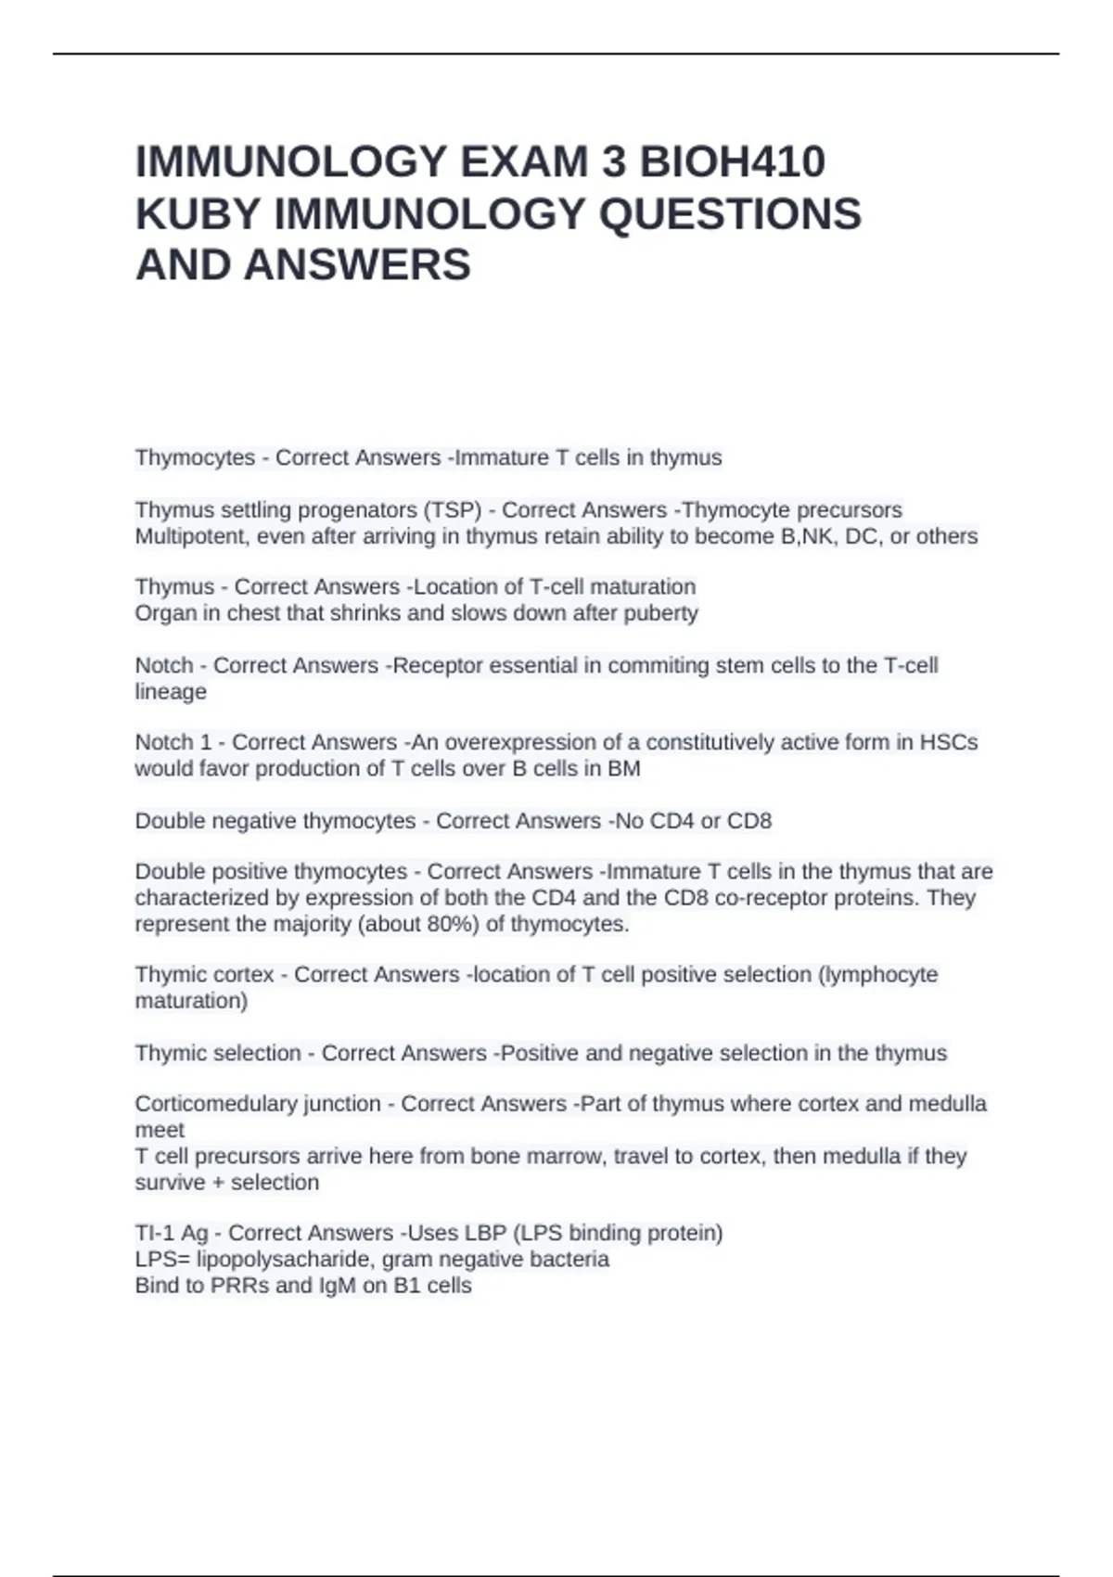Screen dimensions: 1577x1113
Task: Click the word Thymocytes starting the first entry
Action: pyautogui.click(x=195, y=457)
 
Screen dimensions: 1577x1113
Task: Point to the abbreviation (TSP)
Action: pyautogui.click(x=453, y=510)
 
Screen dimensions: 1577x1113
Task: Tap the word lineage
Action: pyautogui.click(x=171, y=692)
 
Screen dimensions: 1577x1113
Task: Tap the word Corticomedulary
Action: pyautogui.click(x=211, y=1104)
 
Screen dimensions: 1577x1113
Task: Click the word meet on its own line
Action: pyautogui.click(x=160, y=1130)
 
